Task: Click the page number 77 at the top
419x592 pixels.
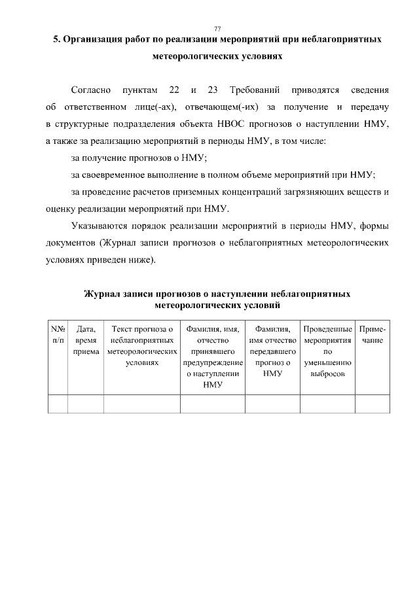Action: [x=217, y=28]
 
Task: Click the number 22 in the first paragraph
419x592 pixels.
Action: [x=174, y=89]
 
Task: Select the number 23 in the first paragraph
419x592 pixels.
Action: [x=212, y=89]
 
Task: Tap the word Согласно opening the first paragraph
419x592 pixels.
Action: [x=90, y=89]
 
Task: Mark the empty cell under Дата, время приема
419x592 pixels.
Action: [x=86, y=404]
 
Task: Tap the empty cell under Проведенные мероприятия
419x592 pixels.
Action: [x=328, y=404]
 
